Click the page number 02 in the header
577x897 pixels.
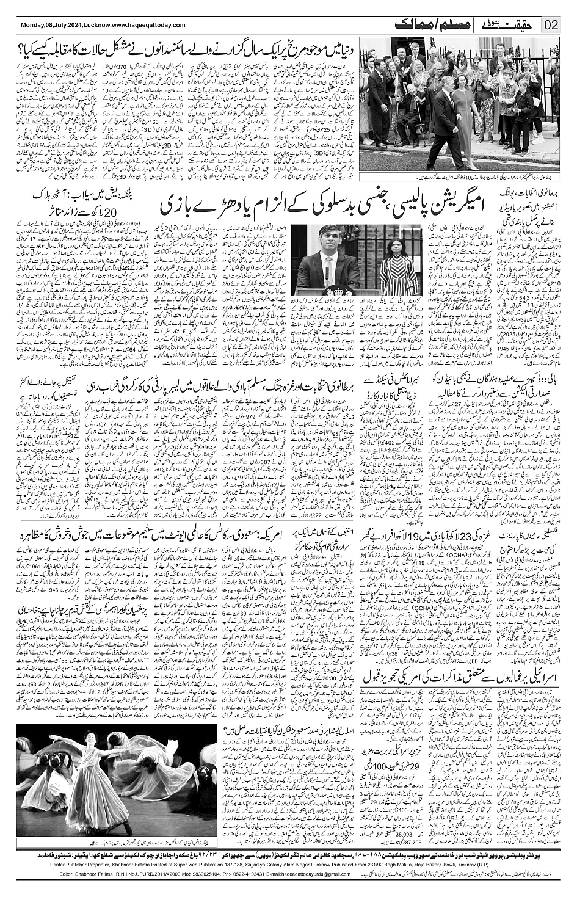coord(551,24)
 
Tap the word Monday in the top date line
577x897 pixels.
coord(32,24)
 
